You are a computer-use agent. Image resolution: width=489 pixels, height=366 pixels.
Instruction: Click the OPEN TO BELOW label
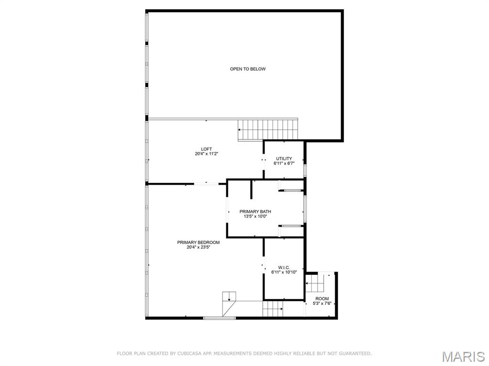pyautogui.click(x=248, y=69)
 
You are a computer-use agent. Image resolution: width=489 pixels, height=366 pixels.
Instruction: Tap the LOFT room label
pyautogui.click(x=206, y=149)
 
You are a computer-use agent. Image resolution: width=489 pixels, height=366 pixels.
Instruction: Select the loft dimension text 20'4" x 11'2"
pyautogui.click(x=206, y=154)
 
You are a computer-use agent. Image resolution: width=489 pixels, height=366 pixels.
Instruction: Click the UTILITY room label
pyautogui.click(x=284, y=158)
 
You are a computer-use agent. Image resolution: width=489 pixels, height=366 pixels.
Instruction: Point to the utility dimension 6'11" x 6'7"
pyautogui.click(x=284, y=163)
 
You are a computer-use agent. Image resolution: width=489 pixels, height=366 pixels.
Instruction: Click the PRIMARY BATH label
pyautogui.click(x=255, y=211)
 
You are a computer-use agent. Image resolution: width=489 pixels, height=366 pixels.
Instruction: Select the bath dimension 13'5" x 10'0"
pyautogui.click(x=255, y=216)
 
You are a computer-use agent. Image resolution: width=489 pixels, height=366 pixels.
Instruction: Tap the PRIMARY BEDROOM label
pyautogui.click(x=198, y=242)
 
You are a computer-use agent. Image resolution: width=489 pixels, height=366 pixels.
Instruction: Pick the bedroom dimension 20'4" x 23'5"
pyautogui.click(x=198, y=247)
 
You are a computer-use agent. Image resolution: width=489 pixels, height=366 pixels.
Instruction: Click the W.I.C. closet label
pyautogui.click(x=284, y=268)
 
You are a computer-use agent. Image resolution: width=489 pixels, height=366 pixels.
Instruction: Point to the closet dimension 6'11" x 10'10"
pyautogui.click(x=284, y=272)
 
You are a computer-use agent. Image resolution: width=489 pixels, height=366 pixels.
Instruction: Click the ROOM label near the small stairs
pyautogui.click(x=322, y=299)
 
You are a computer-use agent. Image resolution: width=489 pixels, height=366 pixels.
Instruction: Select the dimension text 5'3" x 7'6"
pyautogui.click(x=322, y=303)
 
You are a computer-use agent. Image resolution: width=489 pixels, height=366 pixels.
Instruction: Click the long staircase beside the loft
pyautogui.click(x=268, y=129)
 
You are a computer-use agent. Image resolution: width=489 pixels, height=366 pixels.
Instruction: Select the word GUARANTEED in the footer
pyautogui.click(x=355, y=354)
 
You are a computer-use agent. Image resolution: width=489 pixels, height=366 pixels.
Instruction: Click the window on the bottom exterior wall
pyautogui.click(x=219, y=318)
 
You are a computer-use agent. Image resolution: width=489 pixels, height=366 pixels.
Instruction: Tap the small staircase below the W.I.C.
pyautogui.click(x=273, y=309)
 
